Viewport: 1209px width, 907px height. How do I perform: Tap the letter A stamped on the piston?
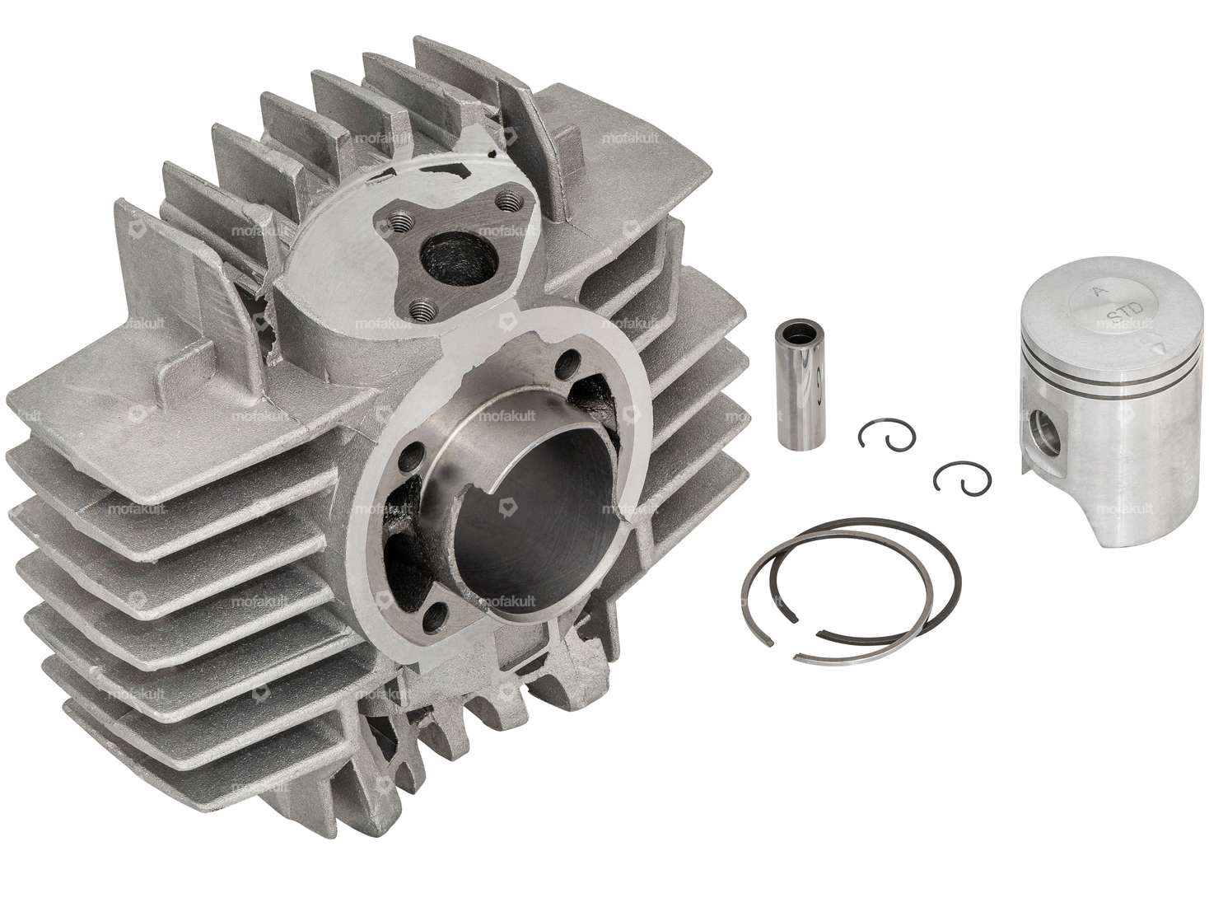click(x=1095, y=290)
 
